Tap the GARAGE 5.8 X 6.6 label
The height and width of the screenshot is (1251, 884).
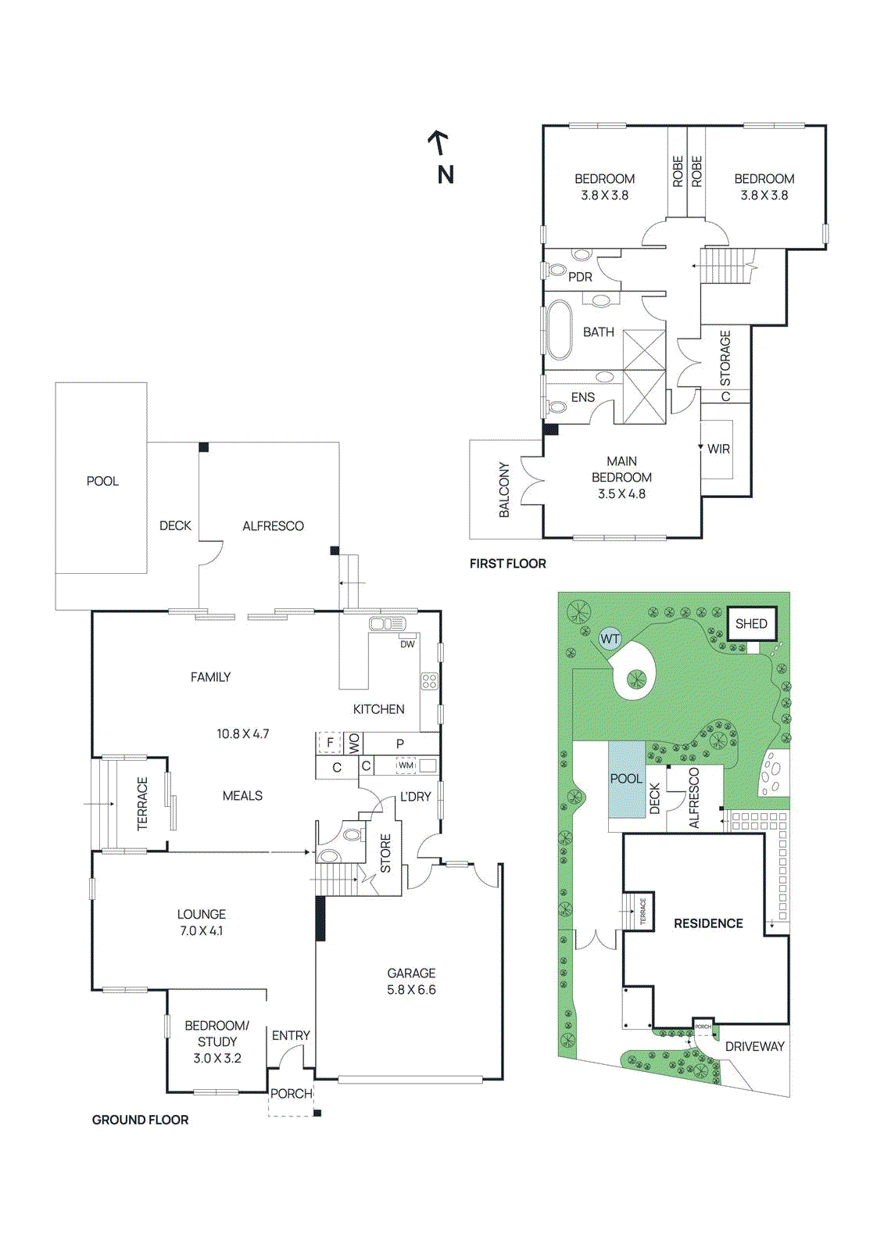pyautogui.click(x=411, y=981)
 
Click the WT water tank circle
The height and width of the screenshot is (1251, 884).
pyautogui.click(x=610, y=639)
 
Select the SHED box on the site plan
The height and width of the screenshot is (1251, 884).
pyautogui.click(x=751, y=623)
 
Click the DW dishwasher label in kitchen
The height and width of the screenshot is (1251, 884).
pyautogui.click(x=407, y=644)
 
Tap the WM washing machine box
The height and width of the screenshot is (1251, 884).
pyautogui.click(x=406, y=765)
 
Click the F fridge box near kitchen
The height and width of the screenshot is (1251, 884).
pyautogui.click(x=330, y=742)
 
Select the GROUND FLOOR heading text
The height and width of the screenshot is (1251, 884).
pyautogui.click(x=140, y=1120)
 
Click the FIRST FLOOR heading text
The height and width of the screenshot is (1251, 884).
pyautogui.click(x=507, y=563)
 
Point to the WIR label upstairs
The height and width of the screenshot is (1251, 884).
pyautogui.click(x=718, y=449)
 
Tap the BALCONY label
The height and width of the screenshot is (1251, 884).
pyautogui.click(x=504, y=489)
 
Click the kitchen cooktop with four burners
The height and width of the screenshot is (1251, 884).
pyautogui.click(x=429, y=681)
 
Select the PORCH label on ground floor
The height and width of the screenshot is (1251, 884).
pyautogui.click(x=291, y=1093)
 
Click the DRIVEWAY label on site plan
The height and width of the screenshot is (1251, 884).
pyautogui.click(x=754, y=1046)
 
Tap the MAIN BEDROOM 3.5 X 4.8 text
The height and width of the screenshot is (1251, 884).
pyautogui.click(x=621, y=477)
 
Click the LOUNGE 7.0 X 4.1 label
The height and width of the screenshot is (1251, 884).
pyautogui.click(x=201, y=922)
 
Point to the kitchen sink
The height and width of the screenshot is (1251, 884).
pyautogui.click(x=387, y=624)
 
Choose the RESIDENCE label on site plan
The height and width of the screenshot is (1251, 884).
pyautogui.click(x=708, y=923)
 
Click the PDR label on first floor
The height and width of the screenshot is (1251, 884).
pyautogui.click(x=580, y=277)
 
